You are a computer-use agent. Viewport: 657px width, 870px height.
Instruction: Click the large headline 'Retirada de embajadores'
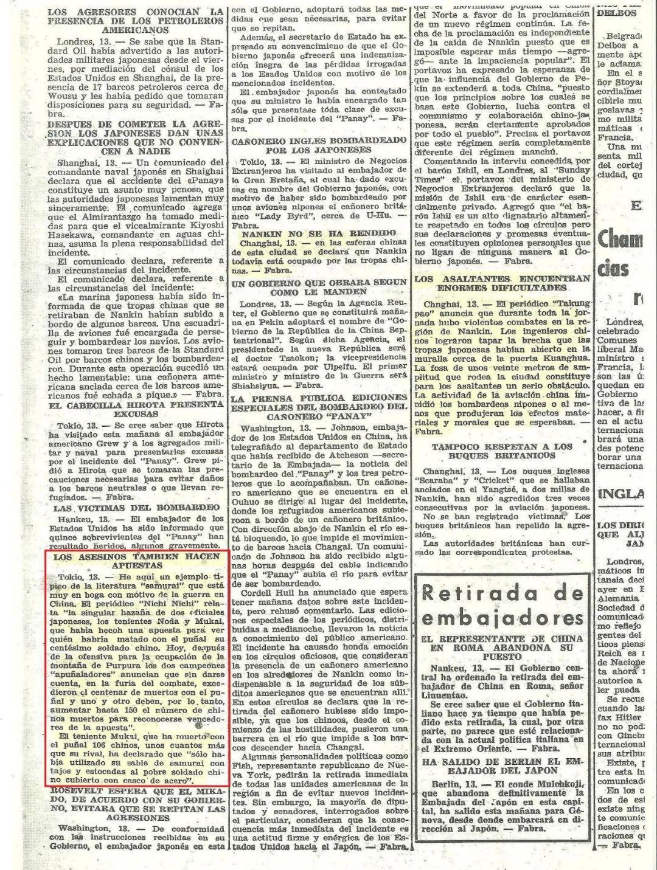click(502, 605)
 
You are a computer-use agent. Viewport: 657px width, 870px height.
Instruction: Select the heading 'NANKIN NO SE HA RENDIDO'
click(319, 233)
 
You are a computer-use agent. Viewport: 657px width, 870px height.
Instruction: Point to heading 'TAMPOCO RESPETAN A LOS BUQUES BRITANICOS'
click(502, 451)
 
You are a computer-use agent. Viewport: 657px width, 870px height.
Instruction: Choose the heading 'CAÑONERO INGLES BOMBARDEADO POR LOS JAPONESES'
click(319, 145)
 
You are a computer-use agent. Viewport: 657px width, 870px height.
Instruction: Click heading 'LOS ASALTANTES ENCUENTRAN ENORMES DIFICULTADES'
click(502, 283)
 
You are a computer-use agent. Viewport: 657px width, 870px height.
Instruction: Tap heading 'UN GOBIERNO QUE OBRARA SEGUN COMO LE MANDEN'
click(319, 287)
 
